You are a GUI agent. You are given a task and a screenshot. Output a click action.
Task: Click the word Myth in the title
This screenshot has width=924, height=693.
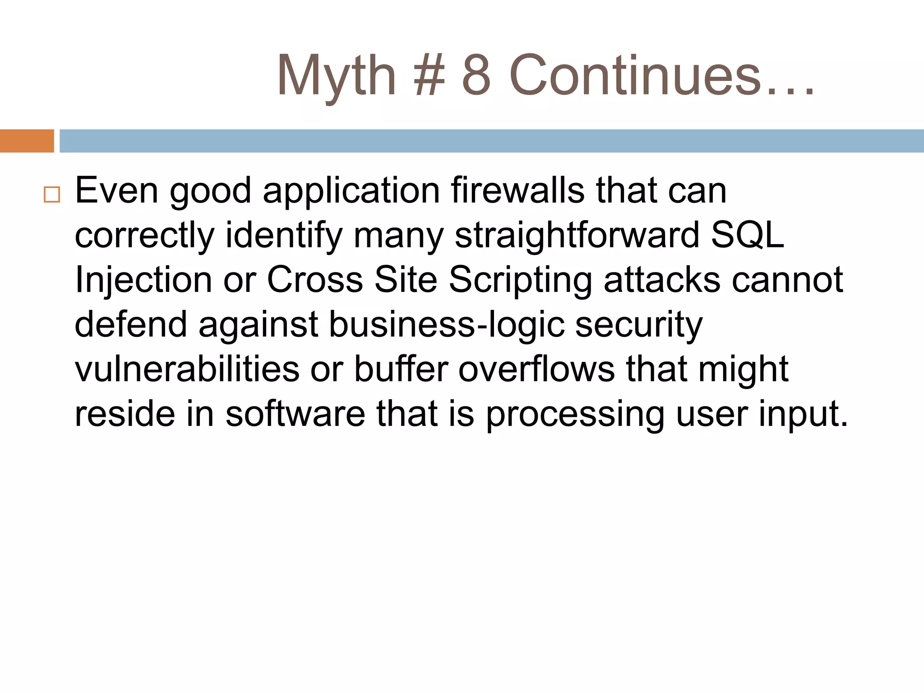(x=336, y=76)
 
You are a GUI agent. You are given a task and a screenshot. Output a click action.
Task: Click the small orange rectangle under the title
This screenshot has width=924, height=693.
(x=27, y=141)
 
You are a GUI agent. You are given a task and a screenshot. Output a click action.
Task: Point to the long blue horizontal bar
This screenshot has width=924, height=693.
(x=492, y=141)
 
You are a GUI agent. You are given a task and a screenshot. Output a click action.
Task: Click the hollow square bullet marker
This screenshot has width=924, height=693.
(x=52, y=194)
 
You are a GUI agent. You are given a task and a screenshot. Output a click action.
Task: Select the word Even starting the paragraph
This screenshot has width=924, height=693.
(x=116, y=190)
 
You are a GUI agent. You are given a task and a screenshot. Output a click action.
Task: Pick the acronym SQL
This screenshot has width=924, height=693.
(x=748, y=235)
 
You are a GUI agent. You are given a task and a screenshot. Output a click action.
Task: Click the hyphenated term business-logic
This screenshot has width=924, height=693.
(x=447, y=325)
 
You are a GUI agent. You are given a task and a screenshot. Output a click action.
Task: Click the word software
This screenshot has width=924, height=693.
(x=295, y=414)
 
